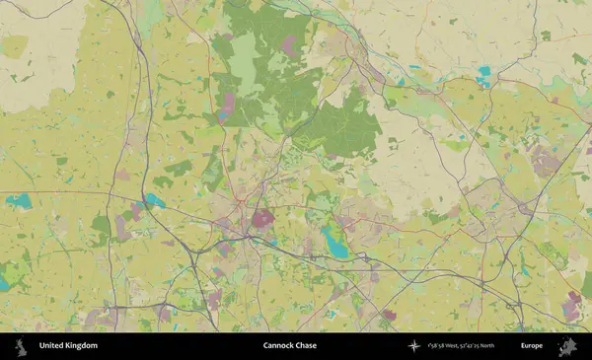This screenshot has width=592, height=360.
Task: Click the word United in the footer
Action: [51, 346]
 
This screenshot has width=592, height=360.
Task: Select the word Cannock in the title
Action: [279, 346]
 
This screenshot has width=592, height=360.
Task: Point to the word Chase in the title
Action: [307, 346]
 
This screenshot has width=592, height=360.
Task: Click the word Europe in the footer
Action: [532, 346]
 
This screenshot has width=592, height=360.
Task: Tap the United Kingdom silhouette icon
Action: [21, 346]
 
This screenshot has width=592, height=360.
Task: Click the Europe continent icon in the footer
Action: [567, 346]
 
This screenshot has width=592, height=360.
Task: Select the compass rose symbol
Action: [413, 346]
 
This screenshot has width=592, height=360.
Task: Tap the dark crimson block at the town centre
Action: [263, 219]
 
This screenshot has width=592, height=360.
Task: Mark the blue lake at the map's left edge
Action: [18, 202]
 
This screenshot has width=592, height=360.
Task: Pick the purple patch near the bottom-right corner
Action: [571, 305]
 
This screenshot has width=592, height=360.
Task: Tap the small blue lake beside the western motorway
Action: [154, 200]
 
